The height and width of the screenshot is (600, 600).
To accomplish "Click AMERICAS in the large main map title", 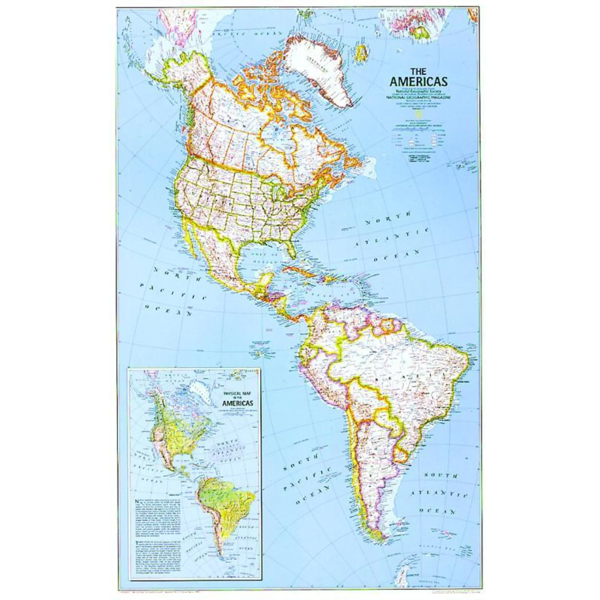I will pyautogui.click(x=418, y=81).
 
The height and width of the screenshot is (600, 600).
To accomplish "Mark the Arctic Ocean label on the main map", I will pyautogui.click(x=248, y=34).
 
